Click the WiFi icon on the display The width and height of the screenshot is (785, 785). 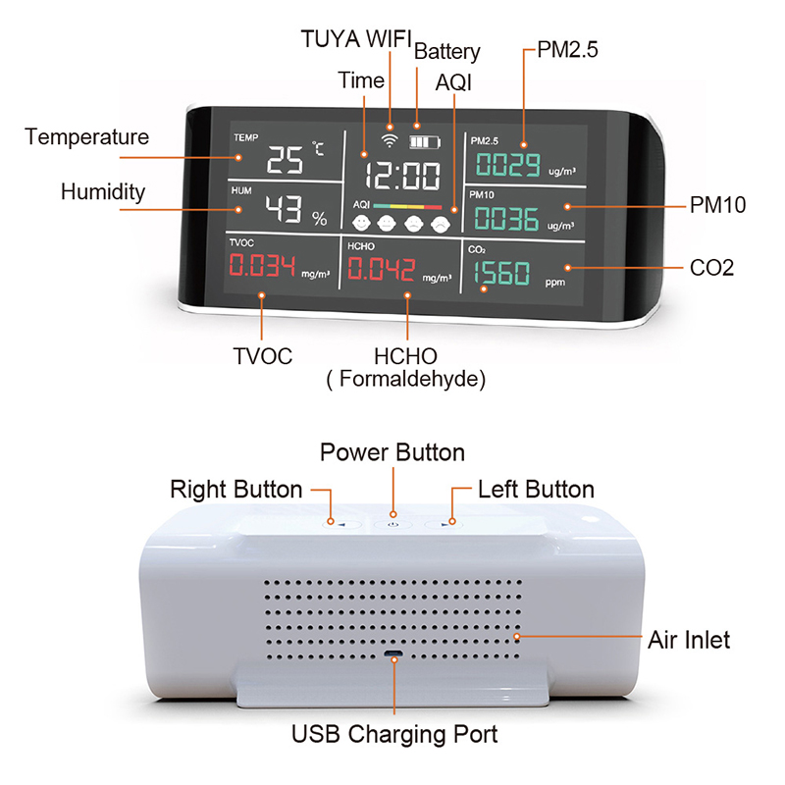pyautogui.click(x=390, y=140)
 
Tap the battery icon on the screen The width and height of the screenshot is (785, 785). pyautogui.click(x=425, y=142)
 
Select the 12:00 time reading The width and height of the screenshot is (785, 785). pyautogui.click(x=402, y=176)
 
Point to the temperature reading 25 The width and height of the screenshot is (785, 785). pyautogui.click(x=285, y=160)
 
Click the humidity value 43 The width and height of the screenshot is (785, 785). pyautogui.click(x=284, y=208)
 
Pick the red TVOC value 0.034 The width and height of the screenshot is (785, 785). pyautogui.click(x=262, y=265)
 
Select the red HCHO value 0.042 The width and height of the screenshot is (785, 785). pyautogui.click(x=382, y=269)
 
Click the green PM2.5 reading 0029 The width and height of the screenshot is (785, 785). pyautogui.click(x=507, y=164)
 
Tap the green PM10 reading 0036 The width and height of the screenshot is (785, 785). pyautogui.click(x=506, y=218)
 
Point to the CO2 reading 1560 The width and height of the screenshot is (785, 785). pyautogui.click(x=501, y=273)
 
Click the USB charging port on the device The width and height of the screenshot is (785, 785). pyautogui.click(x=393, y=654)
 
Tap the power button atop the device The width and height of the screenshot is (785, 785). pyautogui.click(x=393, y=524)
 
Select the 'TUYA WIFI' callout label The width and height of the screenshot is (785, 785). pyautogui.click(x=356, y=39)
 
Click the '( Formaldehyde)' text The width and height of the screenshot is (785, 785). pyautogui.click(x=405, y=379)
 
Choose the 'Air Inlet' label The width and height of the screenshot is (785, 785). pyautogui.click(x=689, y=640)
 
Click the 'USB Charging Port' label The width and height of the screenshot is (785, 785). pyautogui.click(x=394, y=734)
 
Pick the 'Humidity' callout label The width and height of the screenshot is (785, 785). pyautogui.click(x=103, y=191)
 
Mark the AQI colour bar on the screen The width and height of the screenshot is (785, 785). pyautogui.click(x=407, y=206)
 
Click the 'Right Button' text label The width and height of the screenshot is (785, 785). pyautogui.click(x=235, y=489)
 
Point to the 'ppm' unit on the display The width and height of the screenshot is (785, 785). pyautogui.click(x=555, y=283)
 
